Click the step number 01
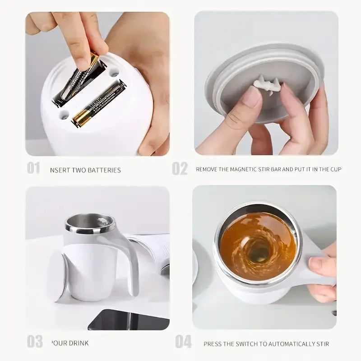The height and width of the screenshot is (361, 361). coord(33,169)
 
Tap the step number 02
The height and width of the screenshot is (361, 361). coord(180,169)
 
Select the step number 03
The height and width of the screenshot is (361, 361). coord(35,342)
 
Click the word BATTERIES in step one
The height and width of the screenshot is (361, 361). coord(104,170)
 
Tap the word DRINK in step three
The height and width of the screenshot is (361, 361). coord(83,343)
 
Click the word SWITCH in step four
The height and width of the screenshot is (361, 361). coord(246,344)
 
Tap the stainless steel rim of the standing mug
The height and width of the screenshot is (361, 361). coord(89,228)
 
